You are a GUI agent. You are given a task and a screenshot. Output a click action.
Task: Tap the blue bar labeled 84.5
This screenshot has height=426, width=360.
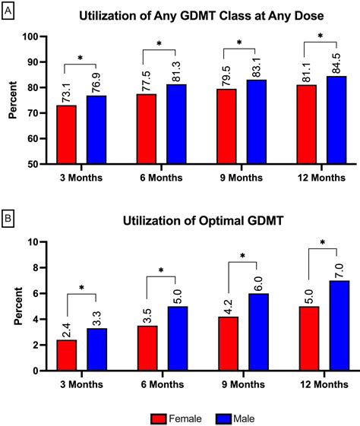[x=336, y=119]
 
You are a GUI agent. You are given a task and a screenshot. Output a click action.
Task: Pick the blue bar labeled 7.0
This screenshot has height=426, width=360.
[x=336, y=326]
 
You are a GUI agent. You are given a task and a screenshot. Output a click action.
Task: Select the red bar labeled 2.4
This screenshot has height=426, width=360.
[x=67, y=355]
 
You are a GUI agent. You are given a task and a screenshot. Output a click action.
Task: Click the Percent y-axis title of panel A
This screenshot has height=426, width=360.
[x=11, y=99]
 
